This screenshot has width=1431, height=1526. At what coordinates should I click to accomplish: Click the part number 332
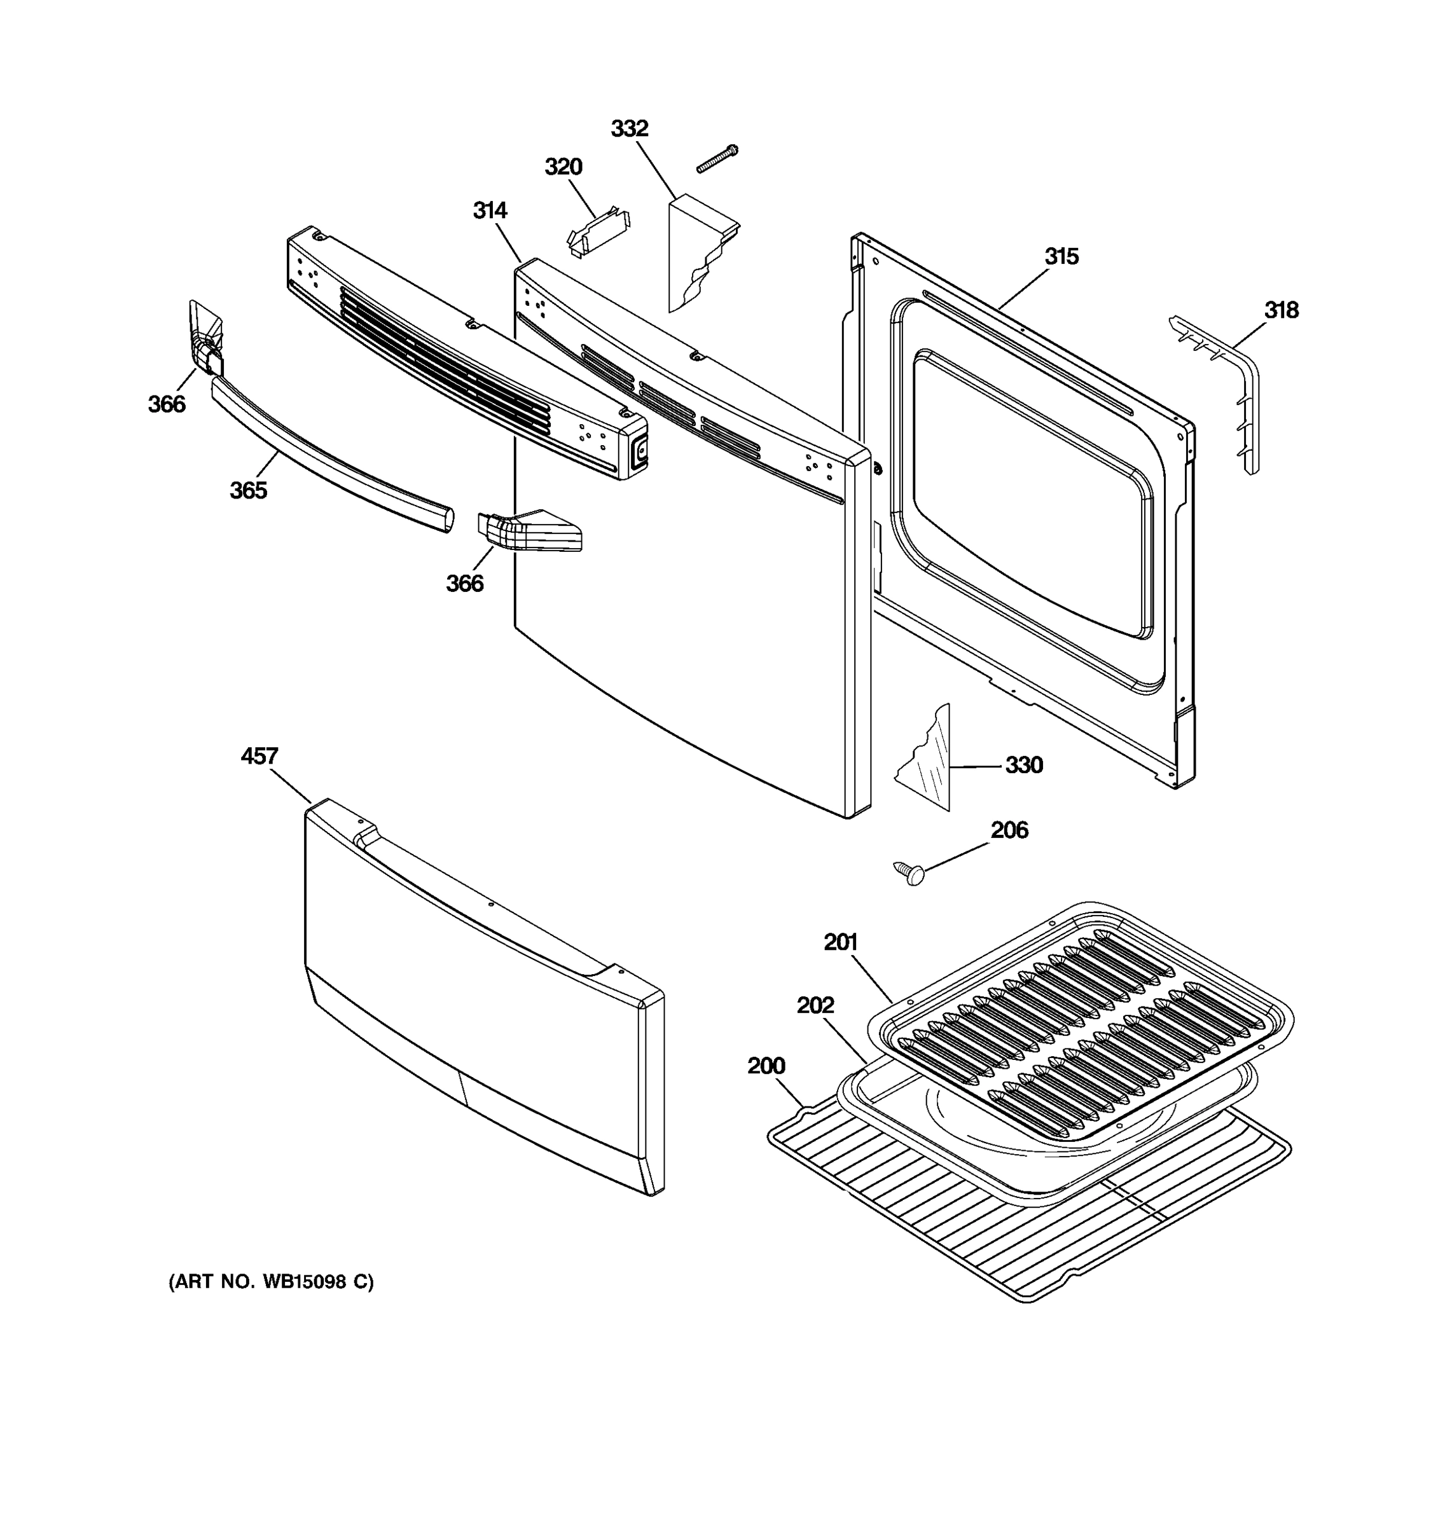pos(629,129)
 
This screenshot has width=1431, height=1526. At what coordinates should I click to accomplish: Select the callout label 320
pos(563,167)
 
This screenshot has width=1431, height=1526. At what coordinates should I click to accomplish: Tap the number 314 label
pos(489,210)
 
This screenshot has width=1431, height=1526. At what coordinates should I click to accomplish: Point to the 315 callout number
pos(1061,256)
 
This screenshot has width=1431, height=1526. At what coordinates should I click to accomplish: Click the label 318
pos(1282,310)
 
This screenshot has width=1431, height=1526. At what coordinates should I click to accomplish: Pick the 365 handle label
pos(248,490)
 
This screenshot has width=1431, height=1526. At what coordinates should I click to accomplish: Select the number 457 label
pos(259,756)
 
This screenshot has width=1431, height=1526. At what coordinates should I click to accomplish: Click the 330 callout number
pos(1023,766)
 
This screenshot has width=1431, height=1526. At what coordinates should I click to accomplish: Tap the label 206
pos(1009,830)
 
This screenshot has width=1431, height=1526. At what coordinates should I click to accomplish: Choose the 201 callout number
pos(840,942)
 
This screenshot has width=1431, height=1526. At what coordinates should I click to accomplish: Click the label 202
pos(815,1005)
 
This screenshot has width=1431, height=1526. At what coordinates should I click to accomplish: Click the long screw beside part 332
pos(716,159)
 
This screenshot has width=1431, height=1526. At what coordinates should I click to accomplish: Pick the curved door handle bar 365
pos(330,453)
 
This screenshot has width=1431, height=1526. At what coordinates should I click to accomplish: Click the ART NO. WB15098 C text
pos(271,1282)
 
